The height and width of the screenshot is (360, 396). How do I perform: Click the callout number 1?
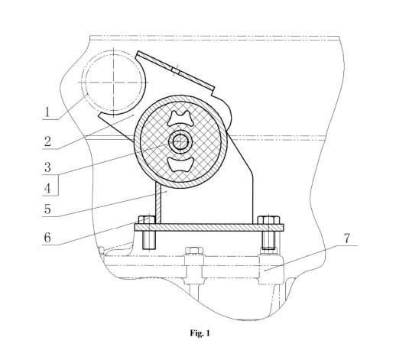tap(47, 112)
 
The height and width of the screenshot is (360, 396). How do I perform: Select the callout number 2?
tap(47, 141)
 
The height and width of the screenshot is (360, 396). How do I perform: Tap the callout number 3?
tap(47, 167)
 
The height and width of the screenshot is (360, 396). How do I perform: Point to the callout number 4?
tap(47, 189)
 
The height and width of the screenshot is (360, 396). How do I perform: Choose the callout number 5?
tap(47, 209)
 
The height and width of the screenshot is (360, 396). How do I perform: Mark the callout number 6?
tap(47, 238)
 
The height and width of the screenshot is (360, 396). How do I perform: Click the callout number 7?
tap(347, 238)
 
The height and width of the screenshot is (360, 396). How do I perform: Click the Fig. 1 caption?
tap(200, 333)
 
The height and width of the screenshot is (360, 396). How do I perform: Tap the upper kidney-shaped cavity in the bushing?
tap(180, 118)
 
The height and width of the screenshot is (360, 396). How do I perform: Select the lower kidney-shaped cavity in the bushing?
tap(180, 164)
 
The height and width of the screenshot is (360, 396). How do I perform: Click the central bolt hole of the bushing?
tap(180, 141)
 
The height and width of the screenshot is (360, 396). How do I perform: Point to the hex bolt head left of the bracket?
tap(147, 220)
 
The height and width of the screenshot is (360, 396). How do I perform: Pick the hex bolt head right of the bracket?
tap(268, 220)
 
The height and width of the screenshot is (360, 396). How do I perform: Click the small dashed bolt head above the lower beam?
tap(194, 251)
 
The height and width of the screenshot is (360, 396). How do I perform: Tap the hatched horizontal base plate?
tap(209, 228)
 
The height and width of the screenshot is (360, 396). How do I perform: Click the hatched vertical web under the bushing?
tap(158, 203)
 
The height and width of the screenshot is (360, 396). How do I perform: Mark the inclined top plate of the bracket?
tap(176, 70)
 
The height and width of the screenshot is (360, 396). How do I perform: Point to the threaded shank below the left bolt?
tap(149, 240)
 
